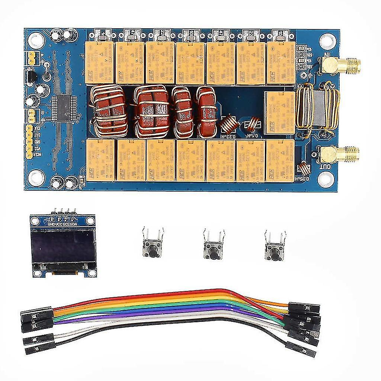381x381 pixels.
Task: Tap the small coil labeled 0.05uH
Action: pyautogui.click(x=305, y=168)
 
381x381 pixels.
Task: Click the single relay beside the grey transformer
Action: pyautogui.click(x=279, y=113)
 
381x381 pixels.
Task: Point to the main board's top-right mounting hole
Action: pyautogui.click(x=327, y=41)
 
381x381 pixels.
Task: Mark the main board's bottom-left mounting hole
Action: pyautogui.click(x=37, y=177)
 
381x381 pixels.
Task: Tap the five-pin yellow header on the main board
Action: pyautogui.click(x=29, y=141)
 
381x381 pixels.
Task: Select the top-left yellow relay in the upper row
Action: pyautogui.click(x=99, y=62)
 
